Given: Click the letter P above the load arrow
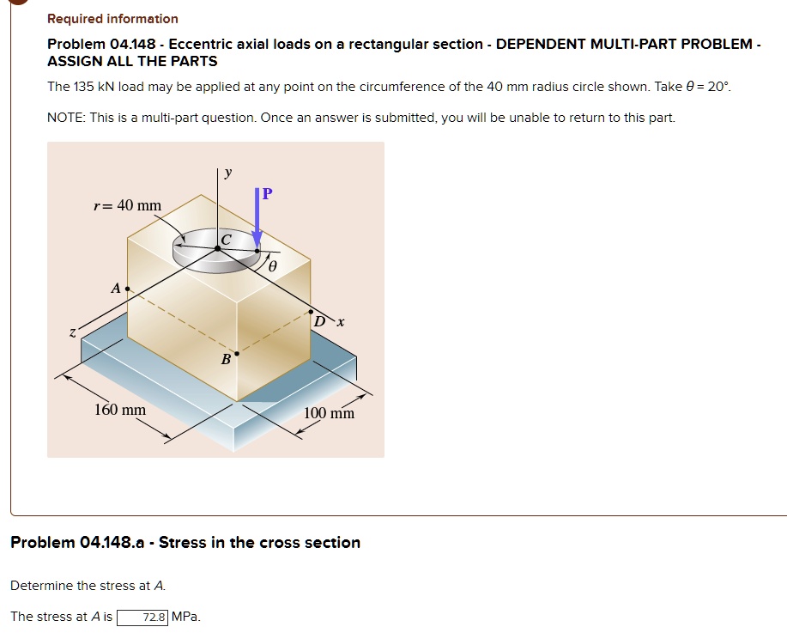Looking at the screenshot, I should pos(267,194).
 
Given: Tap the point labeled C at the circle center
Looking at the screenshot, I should pos(218,247).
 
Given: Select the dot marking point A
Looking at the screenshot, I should pos(128,289).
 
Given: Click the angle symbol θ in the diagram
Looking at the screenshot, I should pos(272,267).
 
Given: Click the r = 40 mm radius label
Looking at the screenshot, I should pos(127,205).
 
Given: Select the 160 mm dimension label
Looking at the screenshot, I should pos(119,410).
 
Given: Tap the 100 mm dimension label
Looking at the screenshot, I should pos(329,414).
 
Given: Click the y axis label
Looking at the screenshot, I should pos(227,173).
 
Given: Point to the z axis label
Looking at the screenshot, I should pos(73,332).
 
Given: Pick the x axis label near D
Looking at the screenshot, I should pos(340,322).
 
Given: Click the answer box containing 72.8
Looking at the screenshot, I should pos(142,617).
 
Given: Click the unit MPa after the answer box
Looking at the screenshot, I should pos(186,617).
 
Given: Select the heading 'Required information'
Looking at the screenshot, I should pos(112,19).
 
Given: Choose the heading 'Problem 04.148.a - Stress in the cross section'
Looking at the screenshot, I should pos(185,543).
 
